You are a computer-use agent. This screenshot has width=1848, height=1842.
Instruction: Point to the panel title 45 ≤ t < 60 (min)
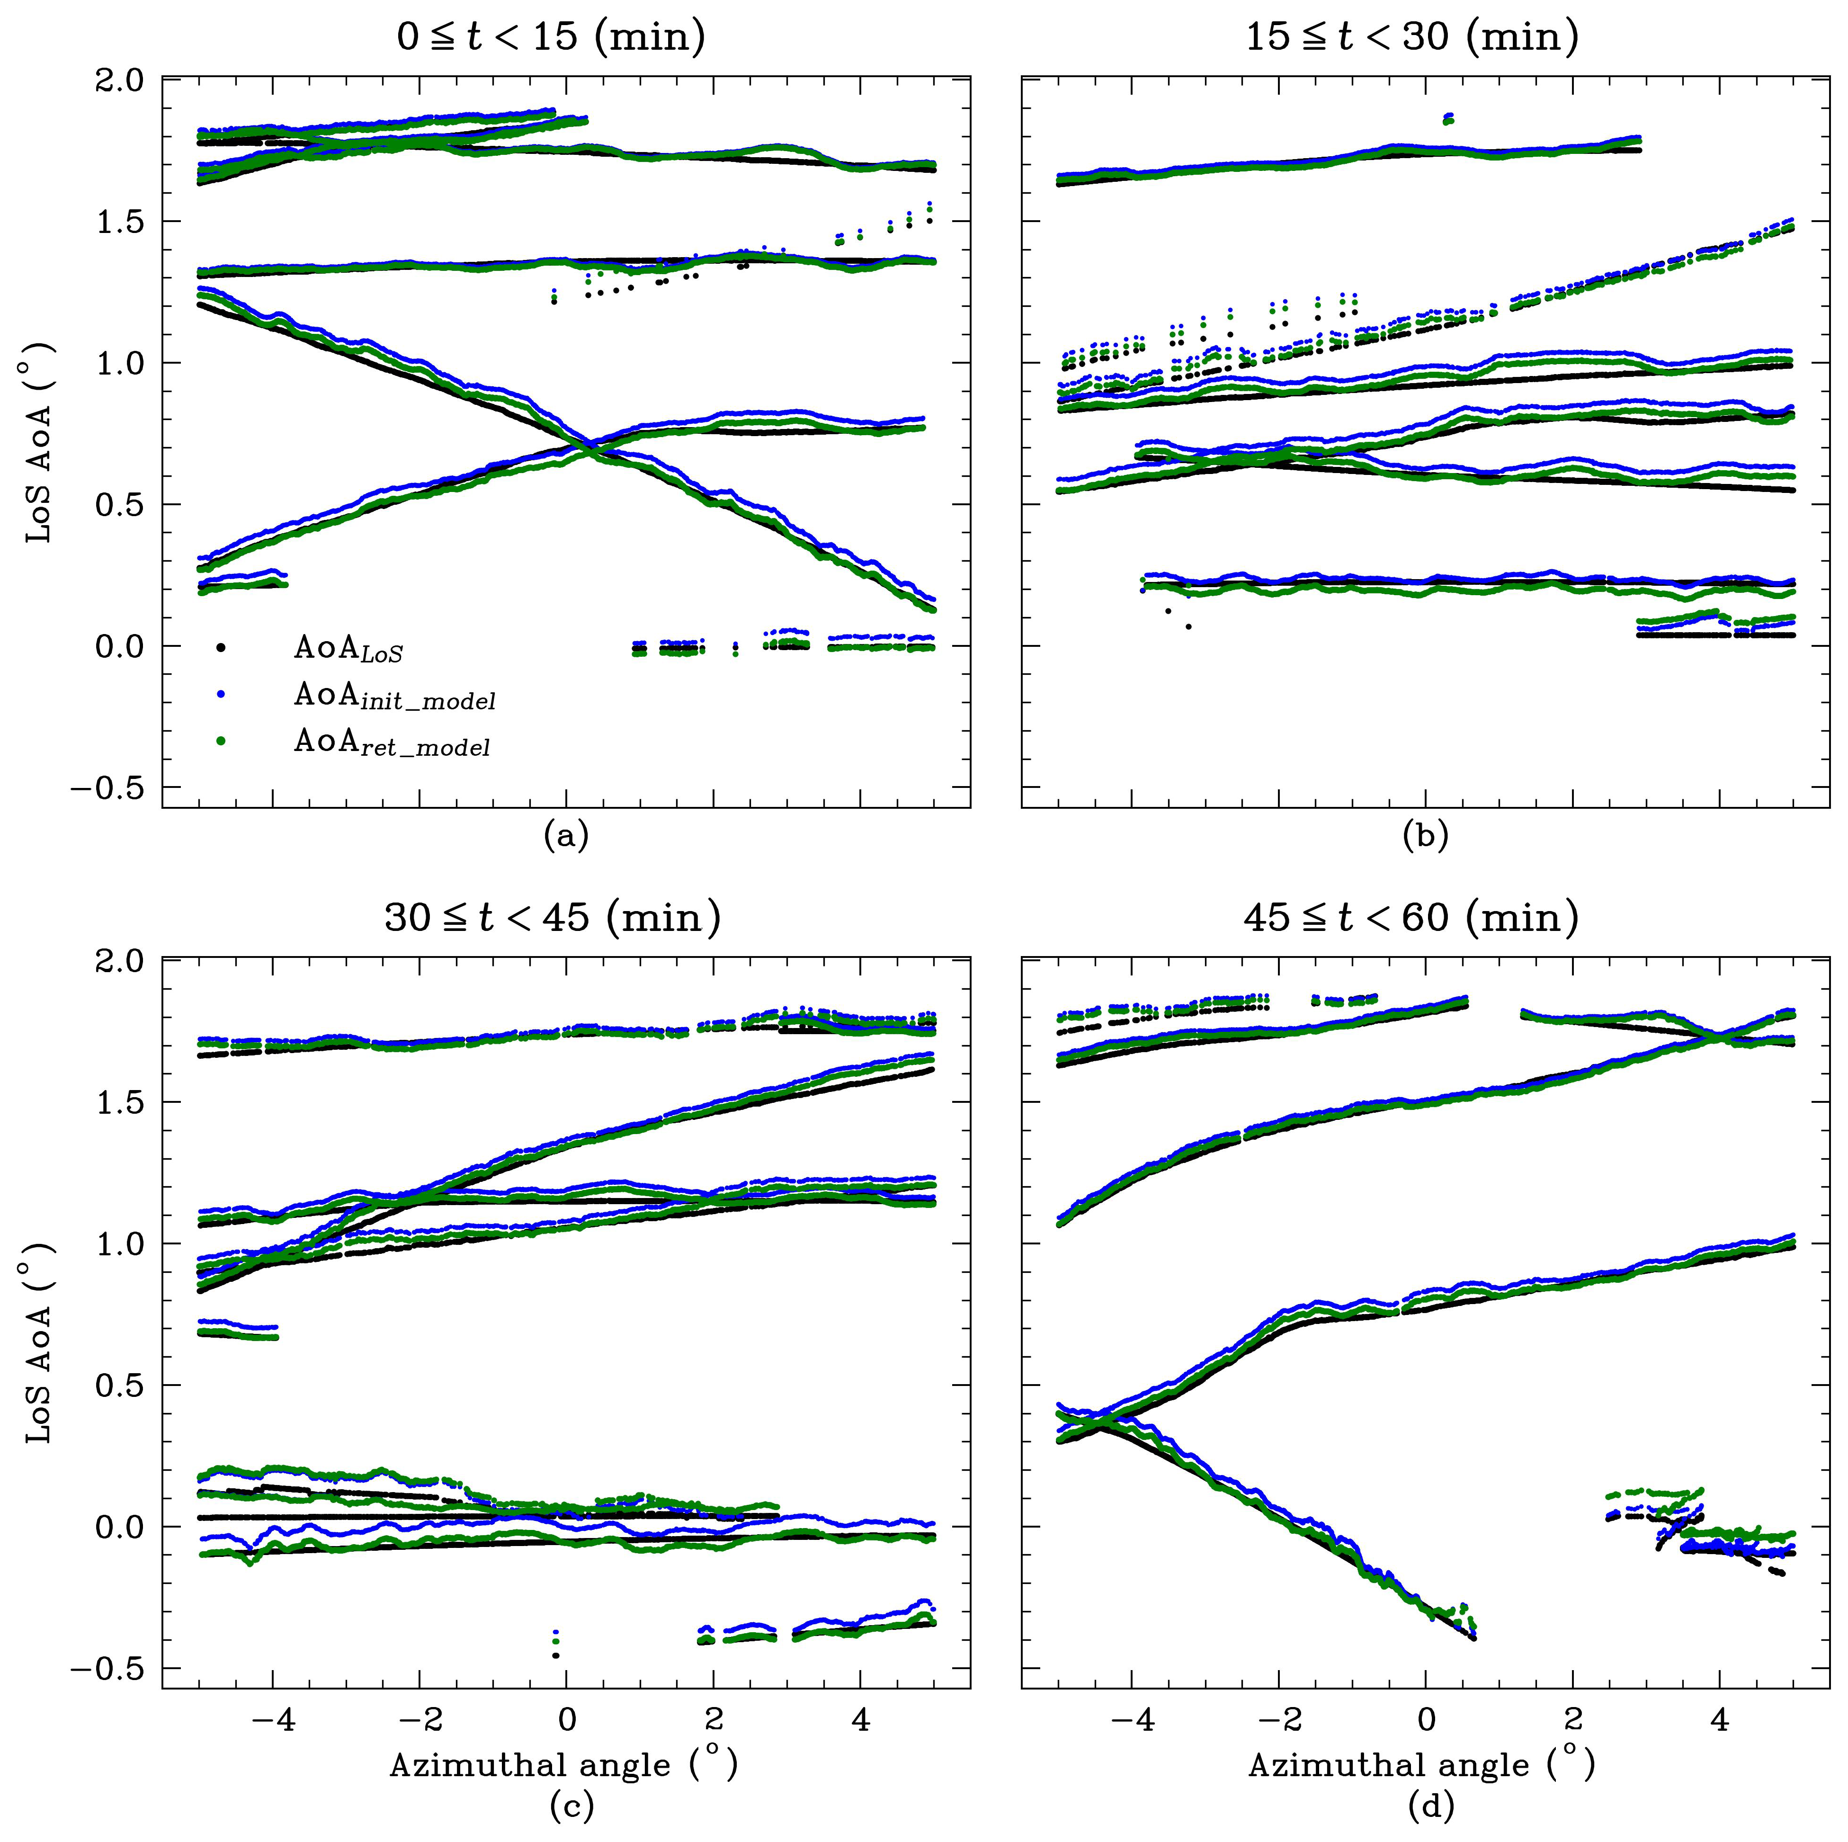pos(1412,918)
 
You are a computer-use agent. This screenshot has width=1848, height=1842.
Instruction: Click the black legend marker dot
pos(221,648)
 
